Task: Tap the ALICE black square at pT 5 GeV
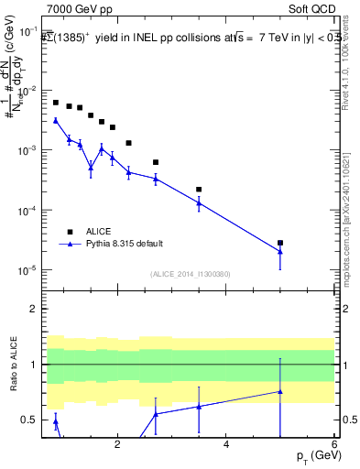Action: coord(280,243)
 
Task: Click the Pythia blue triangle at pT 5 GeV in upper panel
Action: coord(280,252)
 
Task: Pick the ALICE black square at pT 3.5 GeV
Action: coord(199,190)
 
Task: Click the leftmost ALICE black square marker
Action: coord(56,103)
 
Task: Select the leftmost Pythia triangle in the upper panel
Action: coord(56,120)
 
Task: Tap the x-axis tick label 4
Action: coord(225,444)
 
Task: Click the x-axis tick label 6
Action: coord(334,444)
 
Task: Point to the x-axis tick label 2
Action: coord(117,444)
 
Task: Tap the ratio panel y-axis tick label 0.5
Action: coord(30,420)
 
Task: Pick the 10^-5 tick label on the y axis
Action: coord(28,270)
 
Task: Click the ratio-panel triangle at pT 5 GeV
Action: coord(280,391)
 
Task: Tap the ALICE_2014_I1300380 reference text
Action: coord(191,274)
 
